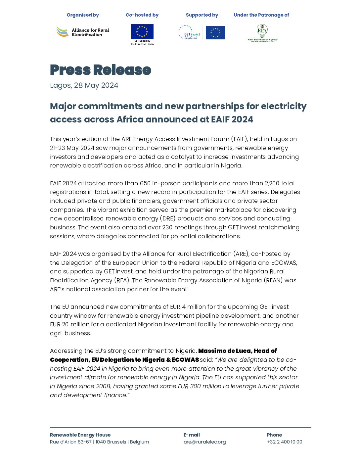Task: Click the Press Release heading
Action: (100, 70)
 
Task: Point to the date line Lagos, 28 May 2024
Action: (84, 85)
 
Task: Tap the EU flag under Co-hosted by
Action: (142, 32)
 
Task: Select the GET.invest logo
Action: (190, 33)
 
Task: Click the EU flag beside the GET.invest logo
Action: (215, 33)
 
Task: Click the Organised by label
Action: (83, 15)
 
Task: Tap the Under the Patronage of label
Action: (261, 15)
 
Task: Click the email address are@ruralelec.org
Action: (204, 442)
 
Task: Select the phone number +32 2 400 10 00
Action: (285, 442)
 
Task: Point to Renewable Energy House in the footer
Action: (80, 435)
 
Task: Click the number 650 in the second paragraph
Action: (145, 183)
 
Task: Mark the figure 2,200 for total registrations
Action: (272, 183)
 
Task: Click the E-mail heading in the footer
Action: (192, 435)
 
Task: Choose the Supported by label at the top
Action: (202, 15)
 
